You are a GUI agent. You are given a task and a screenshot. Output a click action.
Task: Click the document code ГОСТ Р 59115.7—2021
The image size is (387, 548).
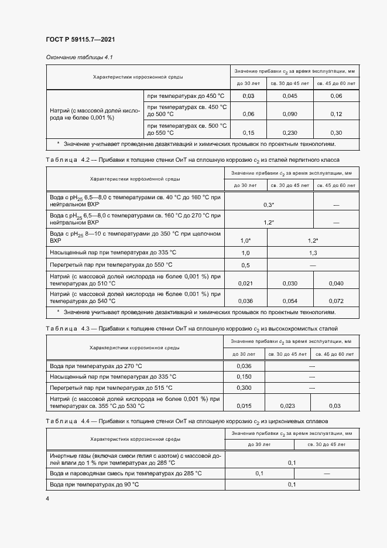point(80,39)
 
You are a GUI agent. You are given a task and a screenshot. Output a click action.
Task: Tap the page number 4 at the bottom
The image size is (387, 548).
point(47,498)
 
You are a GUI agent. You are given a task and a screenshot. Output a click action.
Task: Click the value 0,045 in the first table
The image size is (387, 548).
point(290,96)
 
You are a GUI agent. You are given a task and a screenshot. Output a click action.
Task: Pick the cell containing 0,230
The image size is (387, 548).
point(290,132)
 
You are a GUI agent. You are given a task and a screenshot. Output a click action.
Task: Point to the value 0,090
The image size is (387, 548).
point(290,114)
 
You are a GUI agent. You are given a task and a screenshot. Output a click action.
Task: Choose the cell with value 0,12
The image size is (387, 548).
point(336,114)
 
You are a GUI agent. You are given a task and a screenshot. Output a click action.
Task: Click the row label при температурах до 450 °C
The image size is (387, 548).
point(186,96)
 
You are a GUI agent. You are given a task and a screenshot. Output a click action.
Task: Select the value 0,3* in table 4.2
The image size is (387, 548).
point(269,205)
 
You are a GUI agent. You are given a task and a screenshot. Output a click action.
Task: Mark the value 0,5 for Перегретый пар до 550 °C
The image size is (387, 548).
point(245,265)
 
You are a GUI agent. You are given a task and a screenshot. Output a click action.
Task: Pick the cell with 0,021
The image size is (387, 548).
point(245,284)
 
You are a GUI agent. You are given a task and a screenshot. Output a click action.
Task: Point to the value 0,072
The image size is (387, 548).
point(336,301)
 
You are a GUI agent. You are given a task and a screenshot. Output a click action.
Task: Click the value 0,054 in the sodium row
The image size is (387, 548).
point(290,301)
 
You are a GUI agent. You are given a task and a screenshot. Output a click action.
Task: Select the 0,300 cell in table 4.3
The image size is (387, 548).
point(243,387)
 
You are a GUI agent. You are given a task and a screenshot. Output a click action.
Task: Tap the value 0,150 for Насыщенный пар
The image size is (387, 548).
point(243,376)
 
